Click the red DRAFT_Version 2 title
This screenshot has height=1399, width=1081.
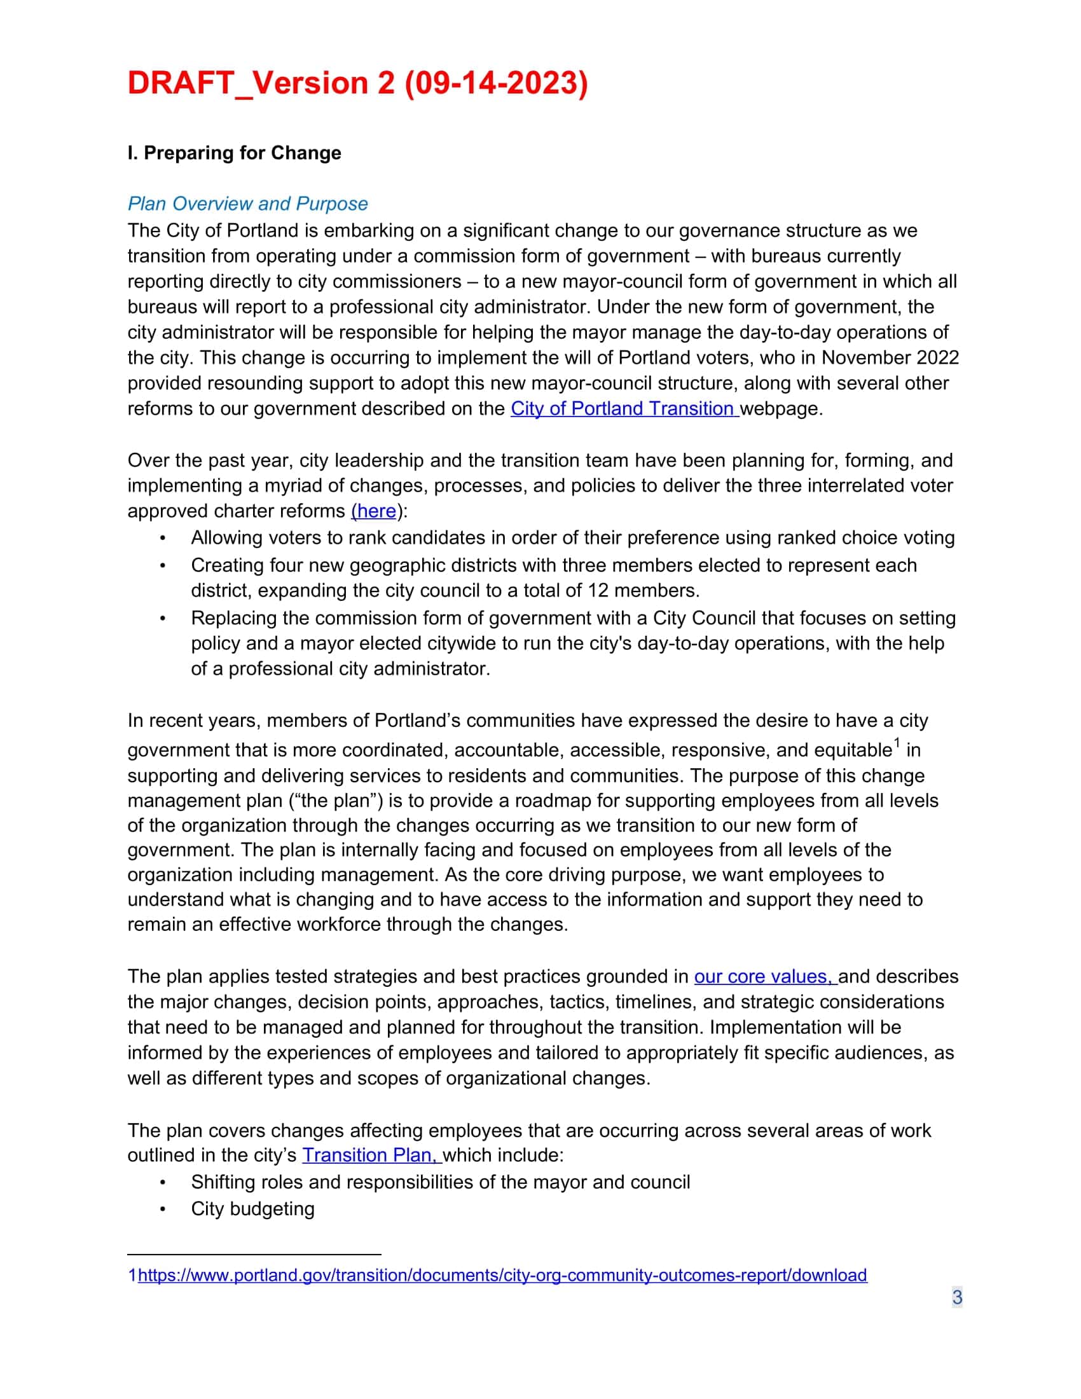tap(357, 83)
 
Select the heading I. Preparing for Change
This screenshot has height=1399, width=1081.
tap(234, 153)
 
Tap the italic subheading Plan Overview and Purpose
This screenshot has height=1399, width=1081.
tap(247, 203)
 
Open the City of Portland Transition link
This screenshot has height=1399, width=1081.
tap(624, 409)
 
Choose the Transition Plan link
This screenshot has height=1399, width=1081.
tap(370, 1155)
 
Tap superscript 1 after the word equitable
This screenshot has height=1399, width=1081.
tap(897, 743)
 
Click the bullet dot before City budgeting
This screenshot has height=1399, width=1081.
tap(163, 1209)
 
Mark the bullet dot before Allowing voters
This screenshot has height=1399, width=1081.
tap(163, 538)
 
